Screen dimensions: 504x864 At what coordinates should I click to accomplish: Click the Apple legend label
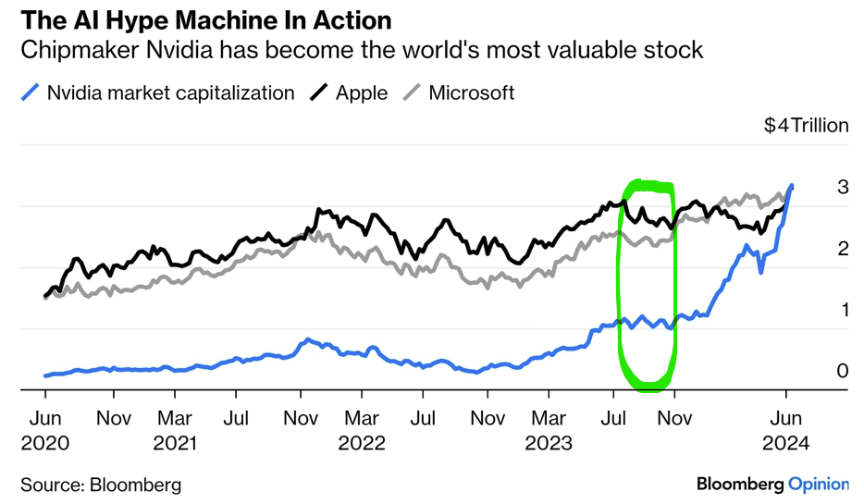pos(362,92)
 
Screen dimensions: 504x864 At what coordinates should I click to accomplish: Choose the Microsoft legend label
pos(472,92)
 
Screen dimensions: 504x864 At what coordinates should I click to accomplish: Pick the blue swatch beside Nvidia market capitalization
pos(31,92)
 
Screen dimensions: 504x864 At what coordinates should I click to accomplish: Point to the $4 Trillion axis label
pos(806,125)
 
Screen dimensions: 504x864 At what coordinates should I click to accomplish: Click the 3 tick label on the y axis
pos(843,187)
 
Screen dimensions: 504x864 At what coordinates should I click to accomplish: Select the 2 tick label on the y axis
pos(843,248)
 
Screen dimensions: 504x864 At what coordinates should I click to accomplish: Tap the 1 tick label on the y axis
pos(843,310)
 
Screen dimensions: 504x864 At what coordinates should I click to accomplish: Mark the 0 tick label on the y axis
pos(843,371)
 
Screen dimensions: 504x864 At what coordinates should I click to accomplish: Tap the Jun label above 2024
pos(786,419)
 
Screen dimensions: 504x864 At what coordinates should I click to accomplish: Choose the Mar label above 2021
pos(175,419)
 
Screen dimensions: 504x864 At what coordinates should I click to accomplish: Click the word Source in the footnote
pos(51,484)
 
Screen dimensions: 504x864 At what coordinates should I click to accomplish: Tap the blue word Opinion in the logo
pos(819,484)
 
